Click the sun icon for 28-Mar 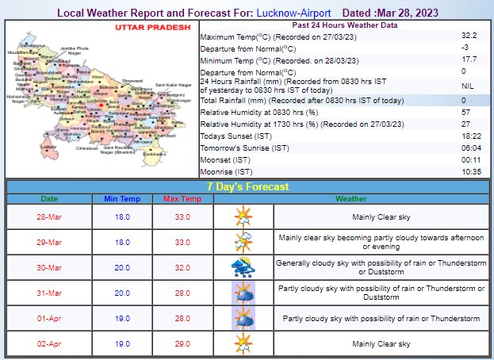coord(242,216)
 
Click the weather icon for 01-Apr coord(242,318)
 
